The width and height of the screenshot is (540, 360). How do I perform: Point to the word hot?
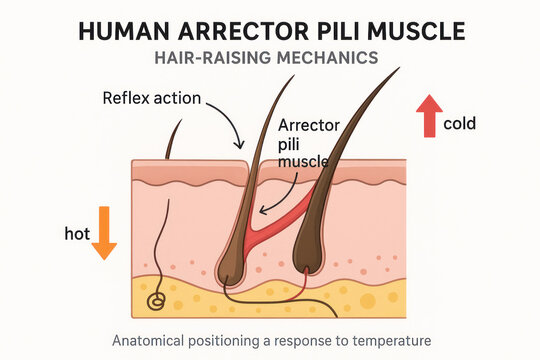coord(77,234)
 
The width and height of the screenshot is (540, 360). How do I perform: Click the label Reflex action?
coord(150,99)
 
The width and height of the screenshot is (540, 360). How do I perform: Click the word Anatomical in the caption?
coord(150,341)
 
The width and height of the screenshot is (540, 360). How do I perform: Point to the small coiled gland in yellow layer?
coord(157,300)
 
